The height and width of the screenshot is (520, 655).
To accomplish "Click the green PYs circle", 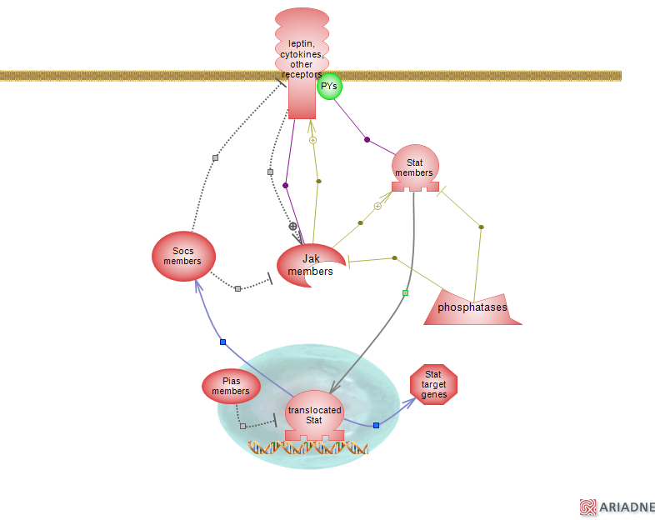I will [x=329, y=86].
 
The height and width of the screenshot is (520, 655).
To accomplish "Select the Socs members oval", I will [x=183, y=256].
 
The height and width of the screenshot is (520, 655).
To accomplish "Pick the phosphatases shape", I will [x=472, y=307].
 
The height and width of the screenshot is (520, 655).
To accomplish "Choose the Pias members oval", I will [x=231, y=386].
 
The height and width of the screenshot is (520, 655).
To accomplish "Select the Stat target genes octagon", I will [x=434, y=384].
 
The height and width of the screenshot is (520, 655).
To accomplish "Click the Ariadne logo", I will [x=617, y=507].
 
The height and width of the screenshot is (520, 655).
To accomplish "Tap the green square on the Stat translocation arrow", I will [x=405, y=292].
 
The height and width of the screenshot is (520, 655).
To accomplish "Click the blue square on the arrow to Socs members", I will [x=222, y=342].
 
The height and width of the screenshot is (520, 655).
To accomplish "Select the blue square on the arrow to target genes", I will [x=376, y=425].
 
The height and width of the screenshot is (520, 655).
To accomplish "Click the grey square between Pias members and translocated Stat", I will [x=242, y=426].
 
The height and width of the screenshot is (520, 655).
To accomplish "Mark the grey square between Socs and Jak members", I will [x=237, y=288].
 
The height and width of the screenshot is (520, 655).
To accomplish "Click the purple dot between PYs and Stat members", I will [x=367, y=139].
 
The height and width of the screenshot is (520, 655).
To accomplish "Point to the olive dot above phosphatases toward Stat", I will [x=481, y=227].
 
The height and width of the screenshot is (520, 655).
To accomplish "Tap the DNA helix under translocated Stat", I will [x=308, y=447].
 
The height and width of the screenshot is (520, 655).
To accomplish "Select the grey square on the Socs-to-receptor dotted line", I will [x=215, y=157].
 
